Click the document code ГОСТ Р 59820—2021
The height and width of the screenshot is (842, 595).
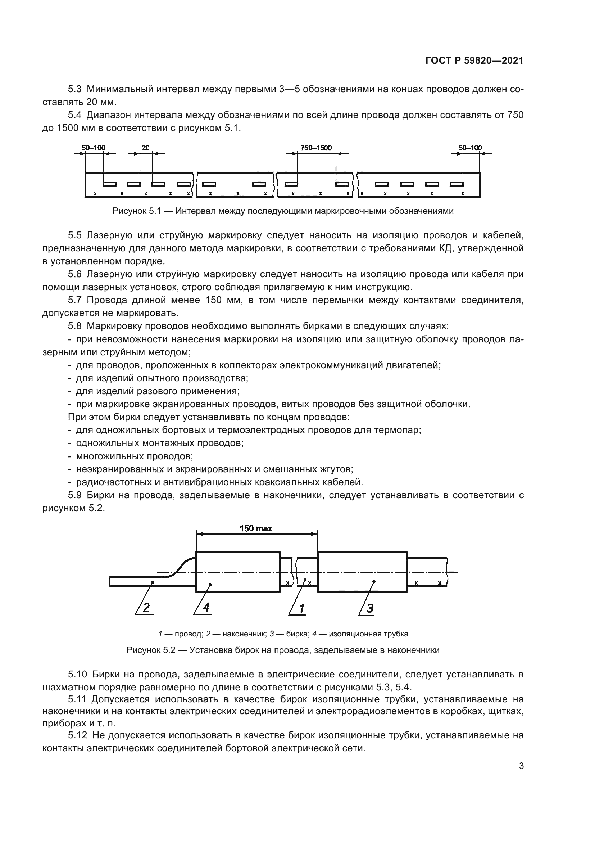tap(474, 61)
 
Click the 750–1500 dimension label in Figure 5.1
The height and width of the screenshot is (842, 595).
tap(316, 148)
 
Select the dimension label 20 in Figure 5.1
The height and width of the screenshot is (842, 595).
tap(145, 148)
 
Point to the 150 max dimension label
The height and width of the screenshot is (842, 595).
tap(256, 528)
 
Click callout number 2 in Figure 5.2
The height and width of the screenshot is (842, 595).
tap(146, 608)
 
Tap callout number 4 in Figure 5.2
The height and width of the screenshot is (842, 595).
tap(206, 608)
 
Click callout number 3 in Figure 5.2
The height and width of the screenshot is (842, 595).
tap(370, 608)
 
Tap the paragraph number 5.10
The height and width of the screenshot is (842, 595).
tap(77, 674)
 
